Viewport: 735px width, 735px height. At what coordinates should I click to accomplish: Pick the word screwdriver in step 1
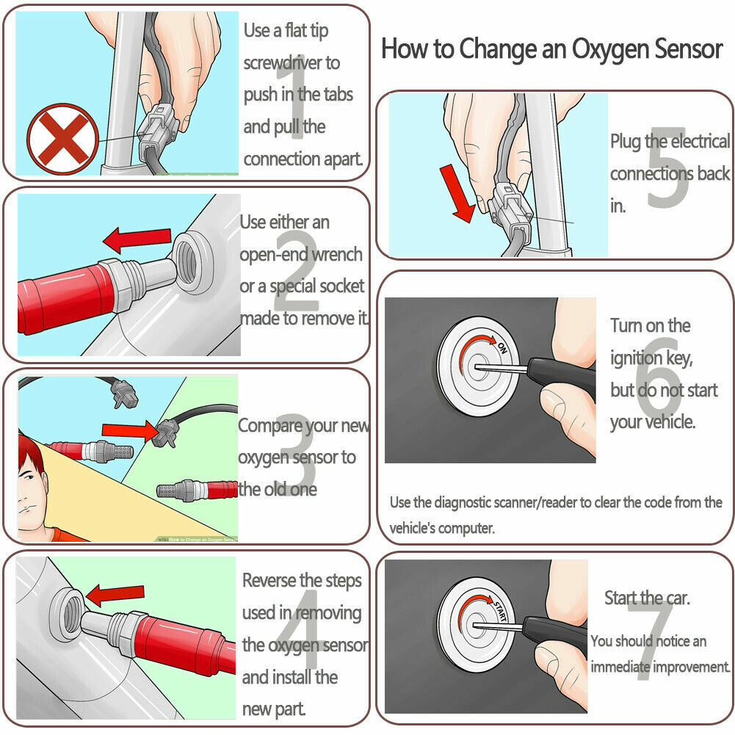(x=292, y=63)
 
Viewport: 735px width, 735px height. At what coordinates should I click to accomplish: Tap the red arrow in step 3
(x=128, y=430)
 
